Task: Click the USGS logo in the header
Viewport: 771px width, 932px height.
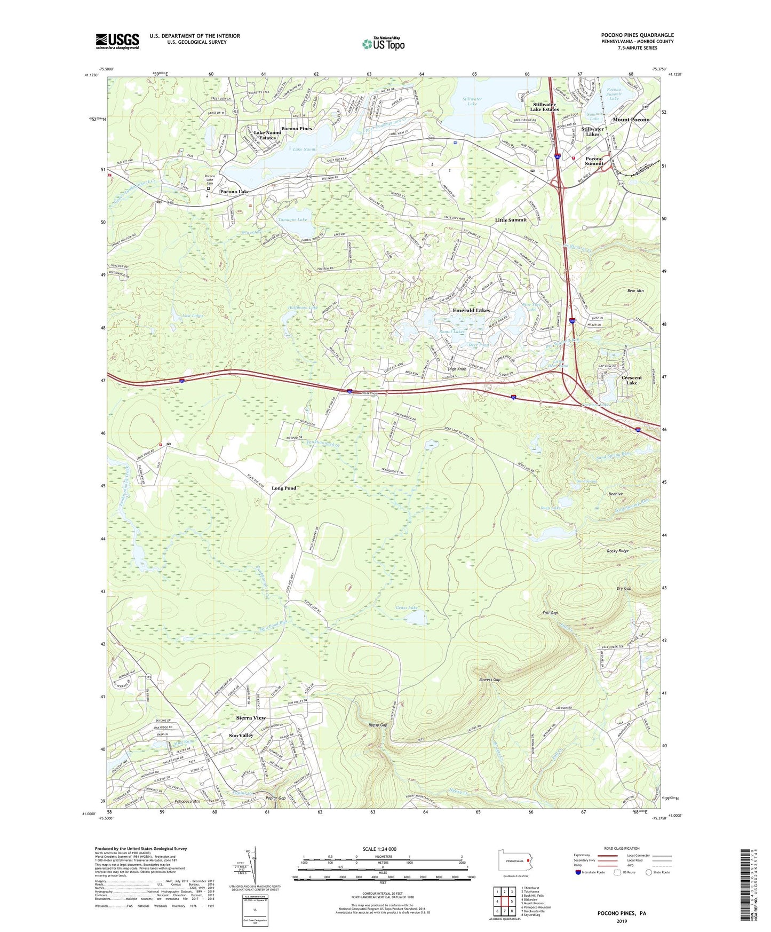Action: click(x=117, y=41)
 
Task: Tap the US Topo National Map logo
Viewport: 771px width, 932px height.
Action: click(x=382, y=43)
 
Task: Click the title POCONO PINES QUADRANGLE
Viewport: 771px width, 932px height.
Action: click(x=637, y=35)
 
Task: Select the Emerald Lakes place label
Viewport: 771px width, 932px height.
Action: click(x=471, y=310)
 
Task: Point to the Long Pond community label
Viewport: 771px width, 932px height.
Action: click(x=284, y=488)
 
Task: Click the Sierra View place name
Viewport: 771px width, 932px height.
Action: click(x=251, y=718)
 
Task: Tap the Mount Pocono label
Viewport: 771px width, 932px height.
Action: click(x=631, y=120)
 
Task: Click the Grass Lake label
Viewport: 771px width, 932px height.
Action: click(x=407, y=607)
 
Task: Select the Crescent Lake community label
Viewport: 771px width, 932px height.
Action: click(x=632, y=380)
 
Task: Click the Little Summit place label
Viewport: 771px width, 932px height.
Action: click(x=511, y=220)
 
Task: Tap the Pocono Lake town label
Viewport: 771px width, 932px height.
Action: click(x=235, y=192)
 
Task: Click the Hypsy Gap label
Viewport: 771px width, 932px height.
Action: click(x=378, y=725)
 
